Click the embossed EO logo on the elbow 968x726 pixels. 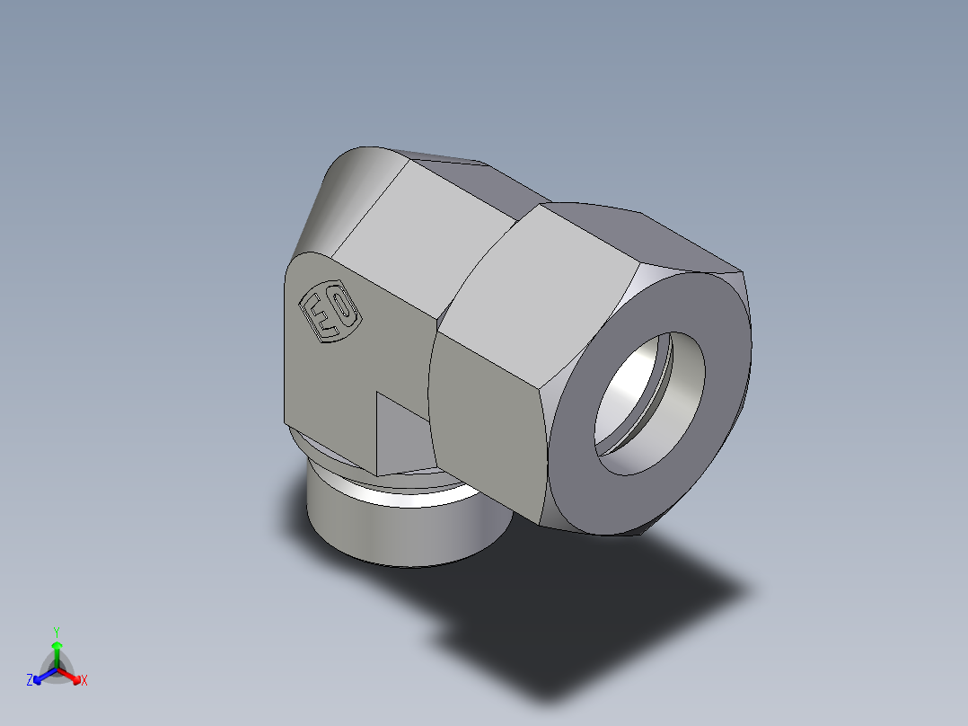point(330,313)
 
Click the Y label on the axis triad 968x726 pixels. point(56,632)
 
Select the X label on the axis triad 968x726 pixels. point(84,680)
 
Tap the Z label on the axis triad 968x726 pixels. point(30,680)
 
